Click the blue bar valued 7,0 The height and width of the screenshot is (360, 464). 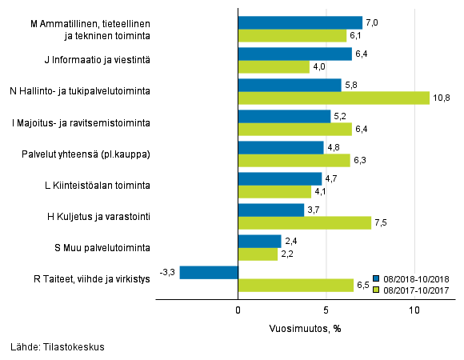click(300, 22)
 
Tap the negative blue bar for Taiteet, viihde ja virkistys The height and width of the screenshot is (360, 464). click(210, 272)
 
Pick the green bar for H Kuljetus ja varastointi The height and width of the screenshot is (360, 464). click(305, 222)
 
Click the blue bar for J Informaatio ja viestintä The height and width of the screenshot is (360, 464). click(295, 54)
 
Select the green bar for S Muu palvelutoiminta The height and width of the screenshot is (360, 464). click(258, 254)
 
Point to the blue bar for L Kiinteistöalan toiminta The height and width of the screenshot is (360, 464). click(280, 178)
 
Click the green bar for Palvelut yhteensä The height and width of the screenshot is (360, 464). click(294, 160)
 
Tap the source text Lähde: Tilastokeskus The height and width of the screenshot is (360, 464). click(58, 347)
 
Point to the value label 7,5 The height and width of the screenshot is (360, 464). click(381, 223)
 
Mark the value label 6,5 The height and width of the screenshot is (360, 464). click(363, 285)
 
